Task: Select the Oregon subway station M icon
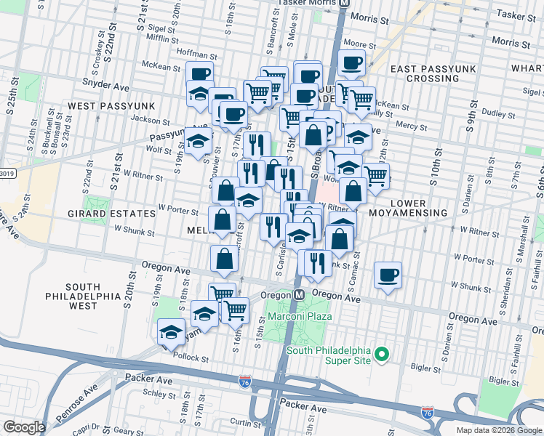pyautogui.click(x=299, y=296)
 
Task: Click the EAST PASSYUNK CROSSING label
pyautogui.click(x=433, y=73)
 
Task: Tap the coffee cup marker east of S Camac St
pyautogui.click(x=388, y=275)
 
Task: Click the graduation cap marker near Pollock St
pyautogui.click(x=171, y=332)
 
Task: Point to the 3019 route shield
pyautogui.click(x=6, y=173)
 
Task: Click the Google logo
pyautogui.click(x=24, y=427)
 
